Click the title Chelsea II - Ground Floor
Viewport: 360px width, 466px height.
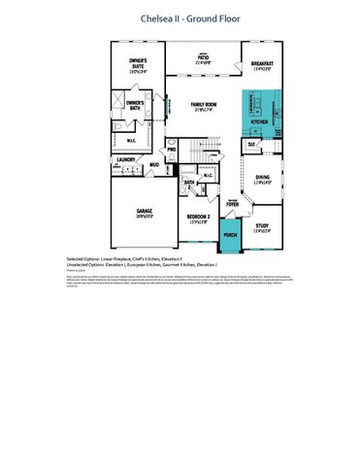[x=180, y=16]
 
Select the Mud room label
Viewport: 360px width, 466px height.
[x=153, y=164]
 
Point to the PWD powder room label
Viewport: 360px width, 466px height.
[x=171, y=150]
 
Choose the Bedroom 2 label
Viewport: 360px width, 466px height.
[x=199, y=217]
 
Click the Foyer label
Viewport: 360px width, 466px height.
[x=233, y=205]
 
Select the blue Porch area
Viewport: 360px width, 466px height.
[x=230, y=234]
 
